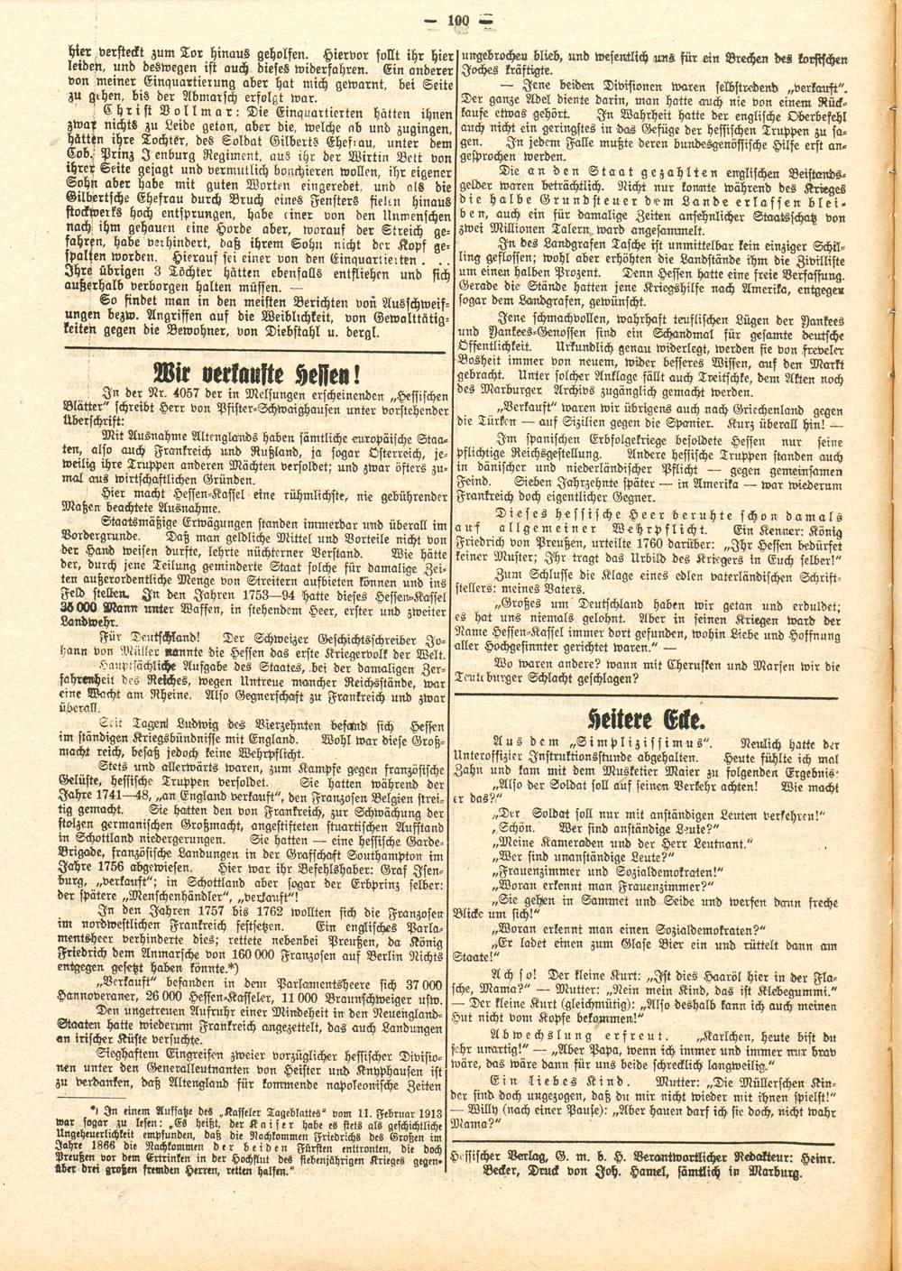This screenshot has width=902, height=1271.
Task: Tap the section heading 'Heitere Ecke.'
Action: (644, 720)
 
